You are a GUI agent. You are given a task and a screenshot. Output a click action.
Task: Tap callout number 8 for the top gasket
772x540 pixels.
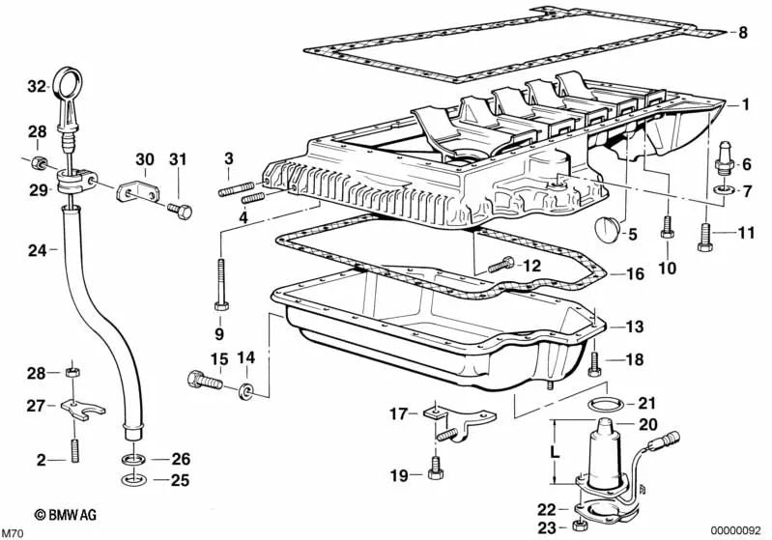pyautogui.click(x=742, y=34)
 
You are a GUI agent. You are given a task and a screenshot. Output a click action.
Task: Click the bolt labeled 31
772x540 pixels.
pyautogui.click(x=181, y=208)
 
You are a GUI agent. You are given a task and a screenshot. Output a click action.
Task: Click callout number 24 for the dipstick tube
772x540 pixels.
pyautogui.click(x=37, y=250)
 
